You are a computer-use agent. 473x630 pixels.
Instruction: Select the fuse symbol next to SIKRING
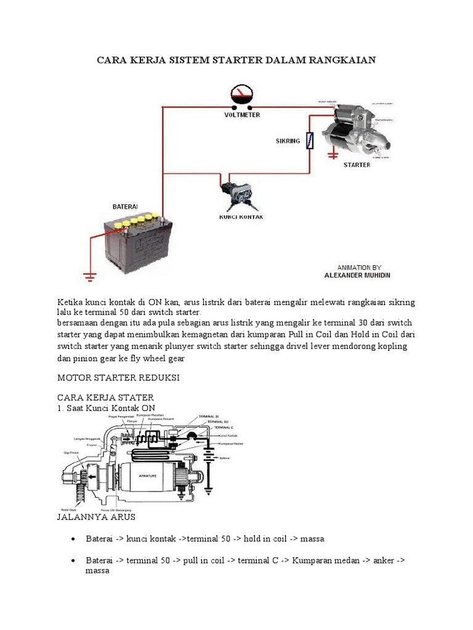click(312, 142)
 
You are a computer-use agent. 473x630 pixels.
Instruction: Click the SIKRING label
click(288, 141)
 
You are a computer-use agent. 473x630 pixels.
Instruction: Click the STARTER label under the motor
click(357, 165)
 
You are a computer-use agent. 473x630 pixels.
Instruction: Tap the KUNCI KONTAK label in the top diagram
click(237, 217)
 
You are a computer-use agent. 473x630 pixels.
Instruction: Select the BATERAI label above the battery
click(125, 207)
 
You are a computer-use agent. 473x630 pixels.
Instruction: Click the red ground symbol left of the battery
click(91, 276)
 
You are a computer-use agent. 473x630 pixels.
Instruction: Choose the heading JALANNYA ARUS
click(95, 517)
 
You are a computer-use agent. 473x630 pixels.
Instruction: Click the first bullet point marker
click(73, 539)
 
